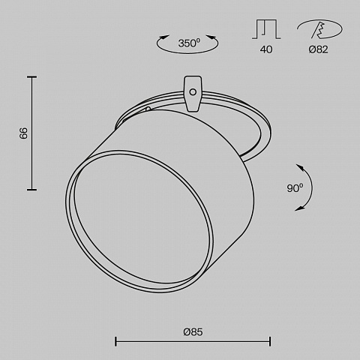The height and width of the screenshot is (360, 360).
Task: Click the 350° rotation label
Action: point(189,43)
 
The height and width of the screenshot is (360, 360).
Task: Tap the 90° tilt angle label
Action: point(295,188)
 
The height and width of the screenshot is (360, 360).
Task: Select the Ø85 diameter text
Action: point(193,332)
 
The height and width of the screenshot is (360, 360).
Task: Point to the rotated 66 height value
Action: point(23,133)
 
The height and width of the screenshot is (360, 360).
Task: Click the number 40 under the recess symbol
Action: point(266,49)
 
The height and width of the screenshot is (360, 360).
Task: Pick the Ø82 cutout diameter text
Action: point(318,49)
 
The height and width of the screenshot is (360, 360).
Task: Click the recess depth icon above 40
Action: point(266,29)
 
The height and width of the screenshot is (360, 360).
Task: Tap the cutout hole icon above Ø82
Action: point(319,29)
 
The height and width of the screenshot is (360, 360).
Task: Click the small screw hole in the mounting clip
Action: point(193,91)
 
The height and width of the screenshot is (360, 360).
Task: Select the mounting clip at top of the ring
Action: point(193,94)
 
